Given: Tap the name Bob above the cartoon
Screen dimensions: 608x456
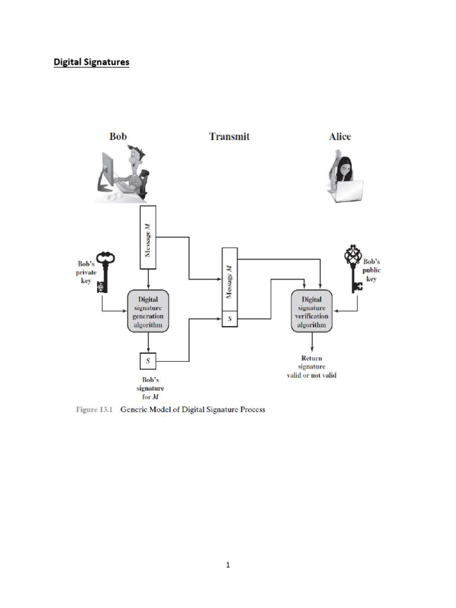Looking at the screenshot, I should tap(118, 137).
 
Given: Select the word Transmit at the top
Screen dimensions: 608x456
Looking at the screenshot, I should tap(229, 137).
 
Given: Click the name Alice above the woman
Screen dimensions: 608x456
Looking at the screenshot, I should tap(340, 137).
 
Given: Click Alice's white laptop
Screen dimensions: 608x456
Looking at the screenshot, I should tap(349, 190).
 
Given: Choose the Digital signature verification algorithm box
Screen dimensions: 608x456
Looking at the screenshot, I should tap(312, 312).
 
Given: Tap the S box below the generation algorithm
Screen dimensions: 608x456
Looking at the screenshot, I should tap(147, 360).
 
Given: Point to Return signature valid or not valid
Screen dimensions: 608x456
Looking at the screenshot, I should tap(312, 367).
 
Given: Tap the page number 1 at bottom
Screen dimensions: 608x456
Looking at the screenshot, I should tap(227, 565).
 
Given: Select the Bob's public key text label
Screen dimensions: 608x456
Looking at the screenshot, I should tap(372, 269).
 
